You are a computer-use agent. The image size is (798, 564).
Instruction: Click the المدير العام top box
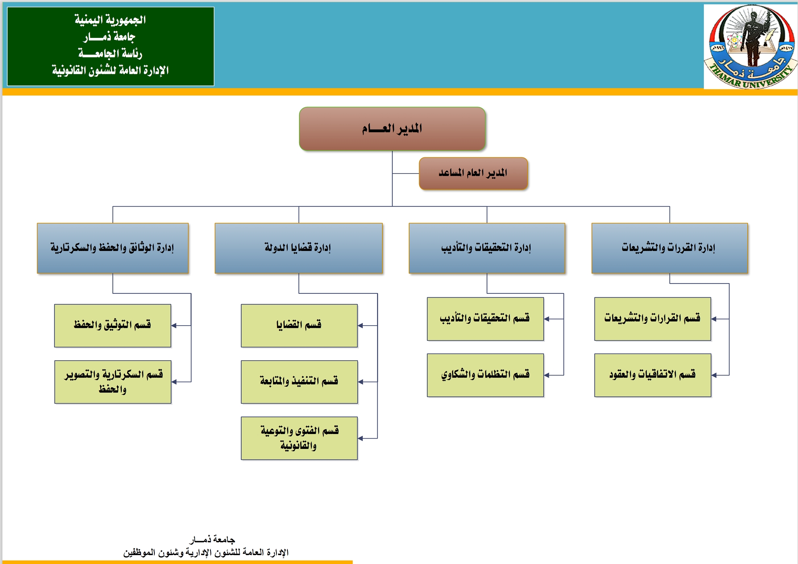click(x=392, y=129)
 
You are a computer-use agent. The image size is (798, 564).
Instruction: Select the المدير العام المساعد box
click(x=473, y=173)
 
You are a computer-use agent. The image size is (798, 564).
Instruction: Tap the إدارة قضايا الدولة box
click(x=298, y=248)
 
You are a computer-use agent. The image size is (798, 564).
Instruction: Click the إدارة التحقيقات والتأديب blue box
click(x=486, y=248)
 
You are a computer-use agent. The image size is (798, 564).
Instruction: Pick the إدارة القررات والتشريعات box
click(x=669, y=248)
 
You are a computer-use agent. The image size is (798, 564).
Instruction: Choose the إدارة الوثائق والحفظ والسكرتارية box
click(x=112, y=248)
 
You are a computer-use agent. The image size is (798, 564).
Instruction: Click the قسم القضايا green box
click(x=299, y=325)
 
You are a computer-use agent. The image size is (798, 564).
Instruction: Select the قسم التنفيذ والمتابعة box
click(x=299, y=381)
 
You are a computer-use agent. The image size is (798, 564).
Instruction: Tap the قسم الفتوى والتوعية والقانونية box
click(x=299, y=438)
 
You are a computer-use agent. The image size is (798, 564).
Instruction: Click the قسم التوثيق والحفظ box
click(x=112, y=325)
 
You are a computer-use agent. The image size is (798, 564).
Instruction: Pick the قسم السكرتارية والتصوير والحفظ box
click(x=112, y=381)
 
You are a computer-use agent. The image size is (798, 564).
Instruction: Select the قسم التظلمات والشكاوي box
click(x=485, y=375)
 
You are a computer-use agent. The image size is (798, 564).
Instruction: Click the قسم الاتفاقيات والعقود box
click(x=652, y=375)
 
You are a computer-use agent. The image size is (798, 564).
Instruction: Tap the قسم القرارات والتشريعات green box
click(x=652, y=319)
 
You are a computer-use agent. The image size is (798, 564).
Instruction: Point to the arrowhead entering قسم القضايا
click(x=360, y=326)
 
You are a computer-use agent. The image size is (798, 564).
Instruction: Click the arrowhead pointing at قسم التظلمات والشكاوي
click(x=547, y=375)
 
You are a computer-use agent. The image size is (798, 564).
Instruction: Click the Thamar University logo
click(x=750, y=46)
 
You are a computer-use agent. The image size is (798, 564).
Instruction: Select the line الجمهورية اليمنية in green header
click(x=110, y=20)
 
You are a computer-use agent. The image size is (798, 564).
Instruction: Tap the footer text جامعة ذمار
click(x=212, y=539)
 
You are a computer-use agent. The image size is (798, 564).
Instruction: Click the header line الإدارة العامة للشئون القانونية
click(x=110, y=71)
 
